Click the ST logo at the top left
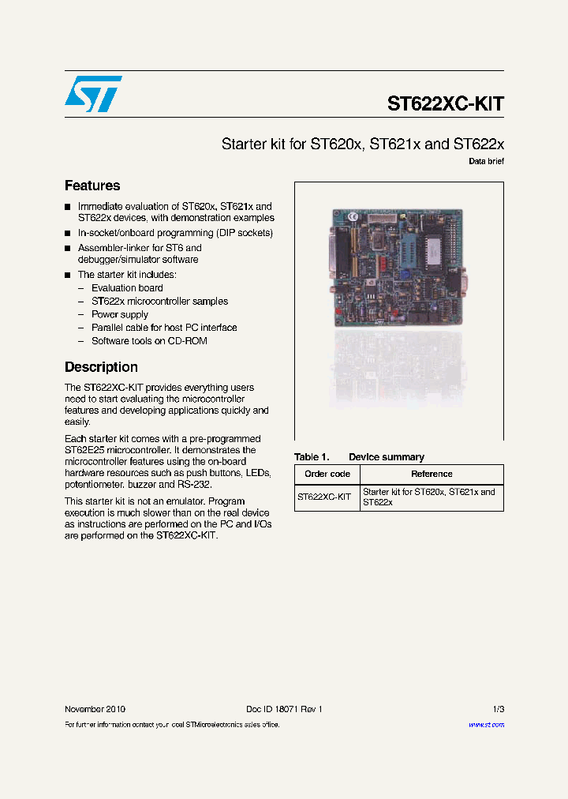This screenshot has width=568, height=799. (x=93, y=94)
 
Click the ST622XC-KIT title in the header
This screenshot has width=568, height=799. (x=445, y=104)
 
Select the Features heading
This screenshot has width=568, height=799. (x=92, y=186)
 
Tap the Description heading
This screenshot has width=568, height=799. (x=101, y=367)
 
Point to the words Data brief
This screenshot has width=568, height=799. (x=486, y=161)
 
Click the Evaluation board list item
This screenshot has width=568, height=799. (x=127, y=288)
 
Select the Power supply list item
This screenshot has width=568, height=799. (x=119, y=314)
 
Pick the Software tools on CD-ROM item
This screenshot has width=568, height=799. (x=149, y=340)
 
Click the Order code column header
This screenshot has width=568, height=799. (x=327, y=474)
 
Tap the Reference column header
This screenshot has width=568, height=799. (x=432, y=474)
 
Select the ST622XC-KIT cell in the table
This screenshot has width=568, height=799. (x=324, y=497)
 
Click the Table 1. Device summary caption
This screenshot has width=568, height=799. (x=359, y=457)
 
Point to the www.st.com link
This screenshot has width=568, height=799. (x=486, y=724)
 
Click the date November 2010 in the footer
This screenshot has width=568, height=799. (x=95, y=709)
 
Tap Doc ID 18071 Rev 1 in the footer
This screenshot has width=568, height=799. (x=284, y=709)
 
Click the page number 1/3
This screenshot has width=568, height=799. (x=497, y=709)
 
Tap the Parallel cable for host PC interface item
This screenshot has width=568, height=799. (x=164, y=327)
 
